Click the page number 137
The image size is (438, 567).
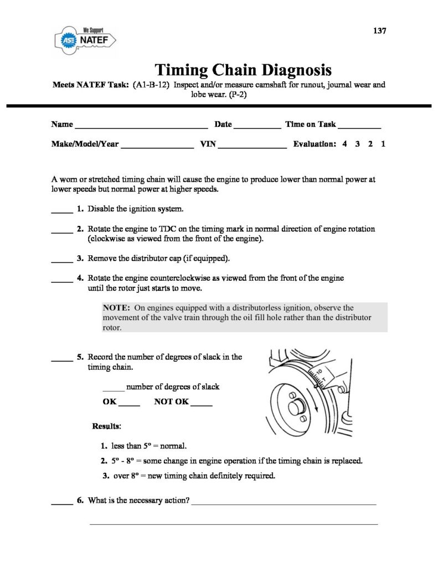tap(379, 30)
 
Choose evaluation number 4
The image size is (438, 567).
tap(344, 144)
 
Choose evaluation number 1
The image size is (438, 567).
tap(383, 144)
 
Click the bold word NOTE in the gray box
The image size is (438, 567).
tap(116, 308)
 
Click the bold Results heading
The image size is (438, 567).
tap(107, 426)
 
